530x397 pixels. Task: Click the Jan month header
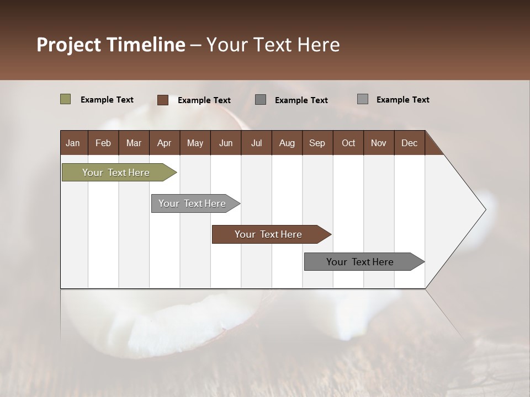[x=73, y=143]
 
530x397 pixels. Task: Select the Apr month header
[x=164, y=143]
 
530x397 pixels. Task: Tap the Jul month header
[x=256, y=143]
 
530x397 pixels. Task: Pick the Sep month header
[x=317, y=143]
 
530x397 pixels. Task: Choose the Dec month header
[x=409, y=143]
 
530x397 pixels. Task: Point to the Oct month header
[x=348, y=143]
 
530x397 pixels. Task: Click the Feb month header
[x=103, y=143]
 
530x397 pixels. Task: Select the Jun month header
[x=226, y=143]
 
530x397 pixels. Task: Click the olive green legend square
[x=66, y=99]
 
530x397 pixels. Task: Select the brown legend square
[x=163, y=100]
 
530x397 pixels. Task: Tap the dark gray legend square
[x=261, y=100]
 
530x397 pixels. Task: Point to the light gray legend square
[x=363, y=99]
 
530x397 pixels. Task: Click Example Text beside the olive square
[x=107, y=100]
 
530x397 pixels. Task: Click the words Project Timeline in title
[x=111, y=45]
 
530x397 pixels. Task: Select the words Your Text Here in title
[x=273, y=45]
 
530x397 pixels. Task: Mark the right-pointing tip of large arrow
[x=484, y=210]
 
